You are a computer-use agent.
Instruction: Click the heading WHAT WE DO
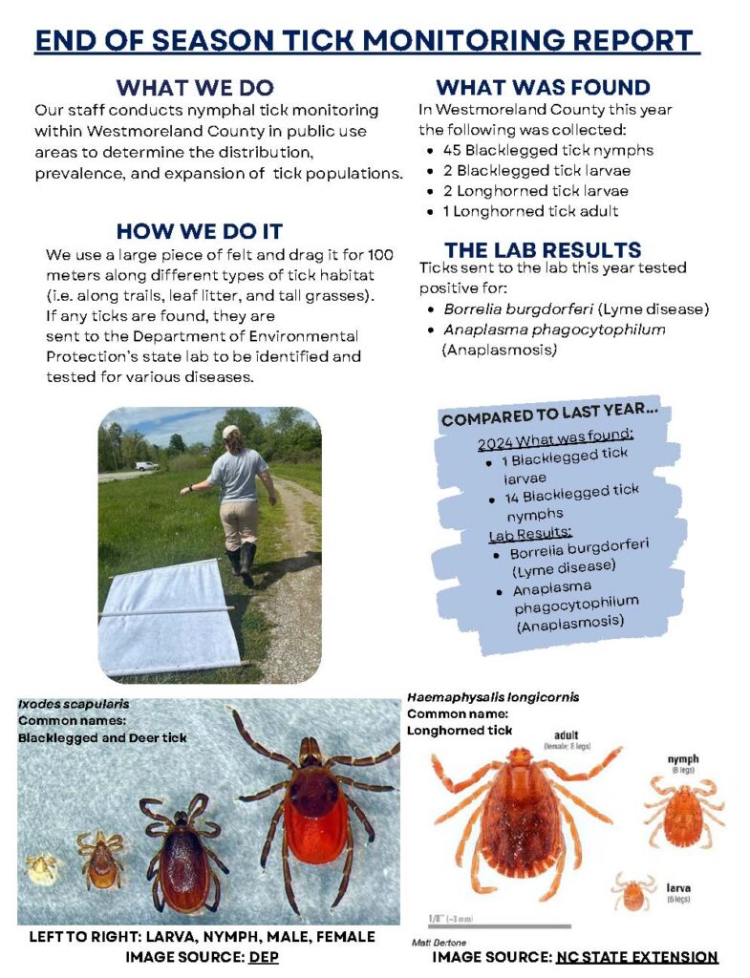click(194, 88)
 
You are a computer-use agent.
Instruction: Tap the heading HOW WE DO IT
click(199, 231)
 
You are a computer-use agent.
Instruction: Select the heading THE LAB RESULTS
click(542, 250)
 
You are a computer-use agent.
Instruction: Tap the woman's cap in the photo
click(230, 432)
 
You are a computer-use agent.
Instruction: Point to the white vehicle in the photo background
click(146, 466)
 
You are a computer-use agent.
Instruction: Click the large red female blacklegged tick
click(316, 807)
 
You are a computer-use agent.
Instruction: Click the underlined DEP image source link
click(263, 956)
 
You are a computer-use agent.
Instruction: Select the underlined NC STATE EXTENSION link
click(636, 957)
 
